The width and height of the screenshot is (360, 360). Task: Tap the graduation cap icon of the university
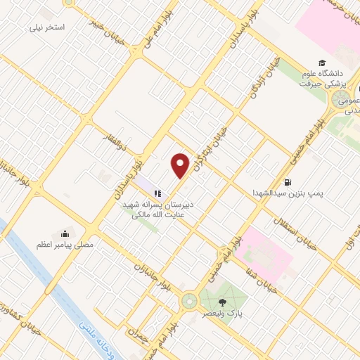click(x=321, y=63)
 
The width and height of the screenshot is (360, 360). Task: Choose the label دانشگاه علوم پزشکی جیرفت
click(x=324, y=78)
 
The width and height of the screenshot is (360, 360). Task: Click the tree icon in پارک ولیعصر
click(x=214, y=302)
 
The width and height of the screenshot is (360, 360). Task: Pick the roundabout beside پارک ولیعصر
click(x=189, y=302)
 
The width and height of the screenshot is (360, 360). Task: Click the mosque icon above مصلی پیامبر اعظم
click(x=65, y=234)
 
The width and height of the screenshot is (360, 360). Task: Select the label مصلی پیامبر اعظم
click(x=69, y=246)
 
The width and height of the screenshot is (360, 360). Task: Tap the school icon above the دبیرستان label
click(x=158, y=192)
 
